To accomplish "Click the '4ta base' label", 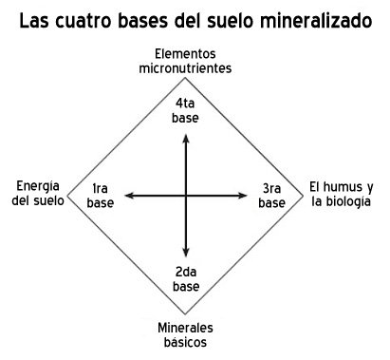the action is (186, 110).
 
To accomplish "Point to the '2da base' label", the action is (186, 279).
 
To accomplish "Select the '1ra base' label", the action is (100, 195).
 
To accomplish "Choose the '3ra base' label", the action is (272, 195).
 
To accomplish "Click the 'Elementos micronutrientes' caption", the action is (186, 62).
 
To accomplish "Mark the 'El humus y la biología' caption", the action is (341, 194).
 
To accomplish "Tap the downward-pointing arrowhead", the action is (186, 255).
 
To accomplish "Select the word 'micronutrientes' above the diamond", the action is (186, 68).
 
